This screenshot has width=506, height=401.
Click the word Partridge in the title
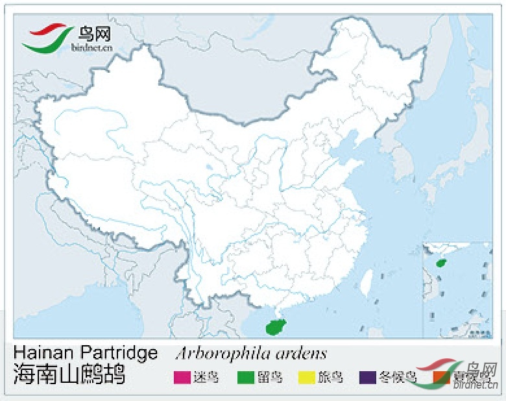(x=119, y=353)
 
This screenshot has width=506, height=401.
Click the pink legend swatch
(x=182, y=377)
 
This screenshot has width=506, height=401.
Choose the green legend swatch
(x=246, y=377)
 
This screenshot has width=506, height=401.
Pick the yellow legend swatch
(x=306, y=377)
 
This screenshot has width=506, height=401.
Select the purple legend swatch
(x=368, y=377)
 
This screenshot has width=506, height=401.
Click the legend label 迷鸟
(x=206, y=377)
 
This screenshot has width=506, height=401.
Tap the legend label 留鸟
(x=269, y=377)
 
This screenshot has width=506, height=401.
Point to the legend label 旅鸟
(x=330, y=377)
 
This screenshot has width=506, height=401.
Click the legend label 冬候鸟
(x=396, y=377)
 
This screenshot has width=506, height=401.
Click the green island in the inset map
(x=442, y=263)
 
